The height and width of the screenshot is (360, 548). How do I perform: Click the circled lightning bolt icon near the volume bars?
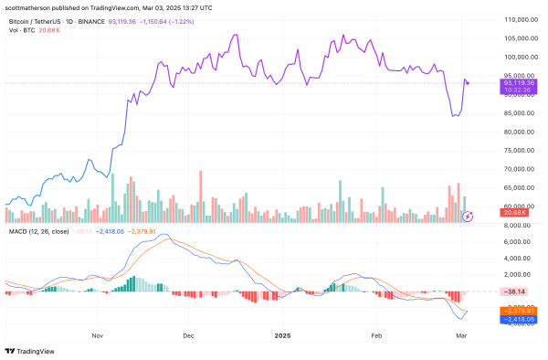click(469, 216)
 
